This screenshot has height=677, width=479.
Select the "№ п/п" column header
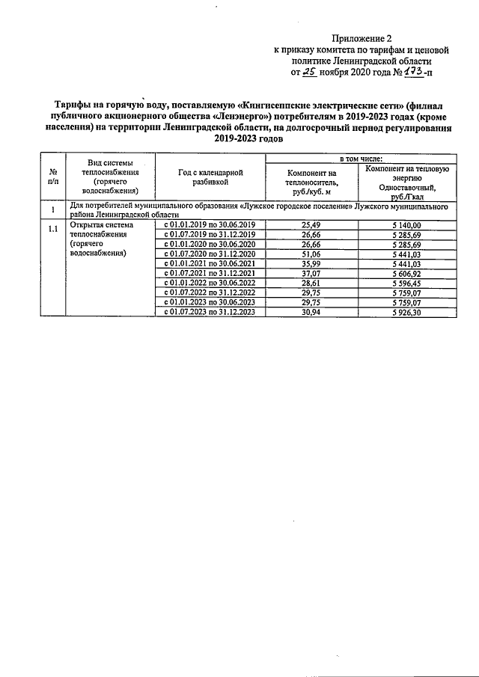click(x=52, y=177)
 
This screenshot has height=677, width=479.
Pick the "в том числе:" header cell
click(x=361, y=159)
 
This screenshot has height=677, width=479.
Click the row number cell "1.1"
click(x=52, y=230)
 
